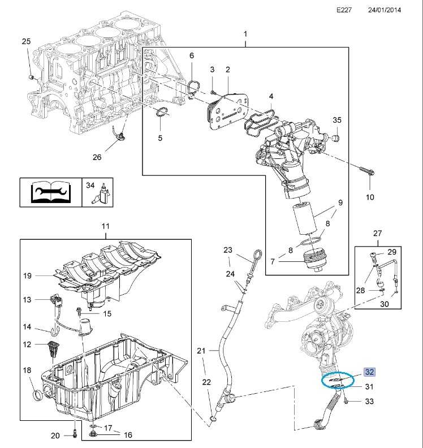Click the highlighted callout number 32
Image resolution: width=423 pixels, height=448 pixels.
click(x=370, y=373)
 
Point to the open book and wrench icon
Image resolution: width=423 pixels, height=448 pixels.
click(x=50, y=192)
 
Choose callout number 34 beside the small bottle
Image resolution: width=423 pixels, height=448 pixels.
click(x=90, y=185)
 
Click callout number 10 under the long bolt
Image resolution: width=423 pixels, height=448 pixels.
click(x=370, y=197)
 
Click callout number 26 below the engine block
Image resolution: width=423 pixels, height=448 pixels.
click(x=97, y=157)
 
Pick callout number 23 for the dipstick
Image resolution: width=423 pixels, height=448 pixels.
click(x=228, y=250)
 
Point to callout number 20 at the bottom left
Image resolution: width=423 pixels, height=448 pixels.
click(x=55, y=436)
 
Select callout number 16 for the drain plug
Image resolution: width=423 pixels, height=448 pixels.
click(x=128, y=434)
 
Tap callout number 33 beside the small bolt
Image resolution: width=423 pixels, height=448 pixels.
click(x=369, y=402)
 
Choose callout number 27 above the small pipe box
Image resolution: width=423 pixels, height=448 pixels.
click(x=378, y=233)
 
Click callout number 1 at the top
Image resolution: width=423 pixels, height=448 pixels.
click(x=245, y=35)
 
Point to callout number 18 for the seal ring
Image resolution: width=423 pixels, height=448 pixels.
click(x=27, y=370)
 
